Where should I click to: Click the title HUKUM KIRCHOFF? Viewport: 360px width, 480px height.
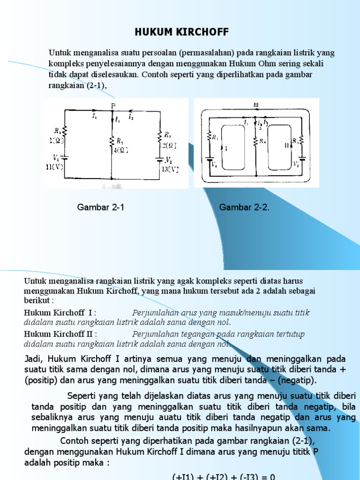(182, 32)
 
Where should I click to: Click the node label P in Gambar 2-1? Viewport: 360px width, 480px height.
(112, 105)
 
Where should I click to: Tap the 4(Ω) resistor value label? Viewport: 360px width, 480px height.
(120, 150)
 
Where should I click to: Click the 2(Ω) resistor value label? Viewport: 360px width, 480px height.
(168, 145)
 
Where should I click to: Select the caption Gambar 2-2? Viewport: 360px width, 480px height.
(244, 207)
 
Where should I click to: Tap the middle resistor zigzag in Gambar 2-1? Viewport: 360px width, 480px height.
(112, 141)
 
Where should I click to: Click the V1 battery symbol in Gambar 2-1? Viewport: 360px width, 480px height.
(64, 159)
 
